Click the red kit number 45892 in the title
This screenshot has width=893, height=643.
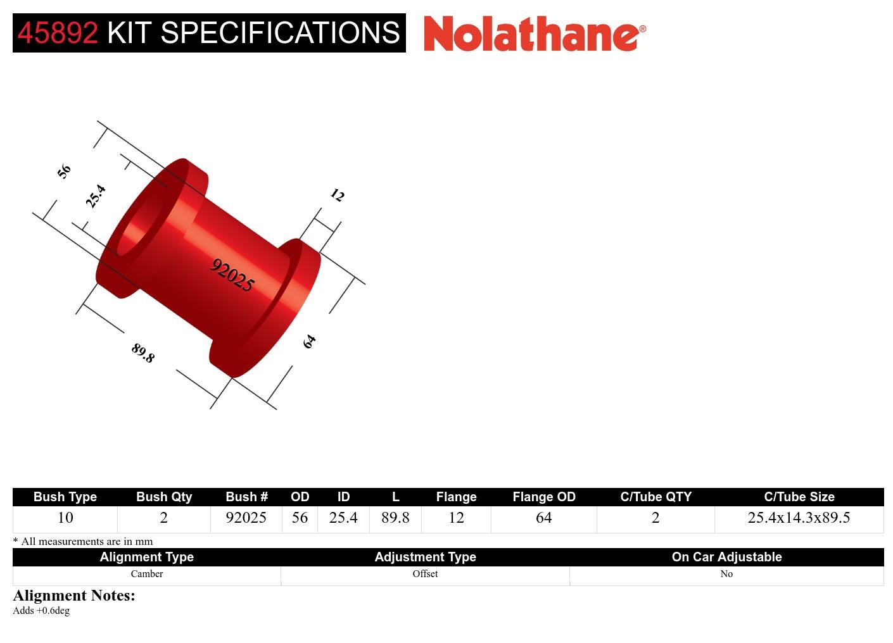(58, 33)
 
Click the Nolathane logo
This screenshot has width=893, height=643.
(535, 34)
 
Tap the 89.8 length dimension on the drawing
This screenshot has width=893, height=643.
(143, 353)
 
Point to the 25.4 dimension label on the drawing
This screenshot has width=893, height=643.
(96, 196)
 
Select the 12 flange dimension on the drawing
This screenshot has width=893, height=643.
(337, 196)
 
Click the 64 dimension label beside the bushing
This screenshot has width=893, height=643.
(309, 342)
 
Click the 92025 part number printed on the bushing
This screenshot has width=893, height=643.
(232, 275)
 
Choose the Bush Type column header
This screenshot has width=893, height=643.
(65, 497)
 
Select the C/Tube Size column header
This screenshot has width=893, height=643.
(799, 497)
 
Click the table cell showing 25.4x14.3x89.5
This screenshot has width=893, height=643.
(799, 518)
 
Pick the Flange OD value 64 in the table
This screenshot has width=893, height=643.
(543, 518)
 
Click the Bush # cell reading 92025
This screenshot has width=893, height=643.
(246, 518)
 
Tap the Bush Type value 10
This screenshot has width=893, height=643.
(65, 518)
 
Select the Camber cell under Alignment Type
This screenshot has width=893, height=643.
(146, 574)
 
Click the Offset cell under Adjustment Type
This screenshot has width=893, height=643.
(425, 574)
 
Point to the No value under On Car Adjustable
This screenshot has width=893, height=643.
(726, 574)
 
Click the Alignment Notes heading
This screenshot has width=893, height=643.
(74, 596)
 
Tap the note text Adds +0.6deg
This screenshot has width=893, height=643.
(41, 611)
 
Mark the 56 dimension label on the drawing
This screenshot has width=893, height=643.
(64, 171)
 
